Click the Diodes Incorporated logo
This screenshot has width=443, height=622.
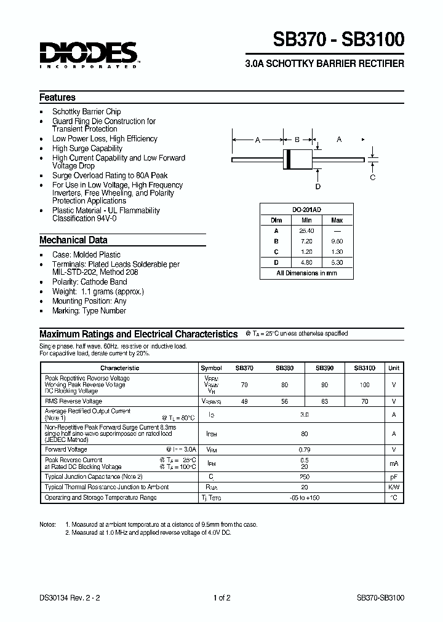(89, 53)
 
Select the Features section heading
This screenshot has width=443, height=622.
(57, 97)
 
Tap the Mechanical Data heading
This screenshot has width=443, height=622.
(73, 240)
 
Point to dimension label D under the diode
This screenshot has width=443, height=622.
(317, 186)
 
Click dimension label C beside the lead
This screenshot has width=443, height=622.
(372, 178)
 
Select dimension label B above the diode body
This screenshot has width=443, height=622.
(297, 140)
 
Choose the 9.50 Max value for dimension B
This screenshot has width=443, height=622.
(337, 242)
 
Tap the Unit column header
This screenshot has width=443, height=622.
(393, 368)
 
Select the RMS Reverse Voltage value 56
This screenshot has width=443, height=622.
(284, 401)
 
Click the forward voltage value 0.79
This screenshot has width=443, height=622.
(305, 449)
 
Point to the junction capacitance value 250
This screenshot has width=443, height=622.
(305, 476)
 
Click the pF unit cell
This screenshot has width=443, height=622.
(393, 476)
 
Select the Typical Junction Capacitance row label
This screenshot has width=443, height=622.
(94, 476)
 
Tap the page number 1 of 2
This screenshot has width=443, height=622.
(221, 597)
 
